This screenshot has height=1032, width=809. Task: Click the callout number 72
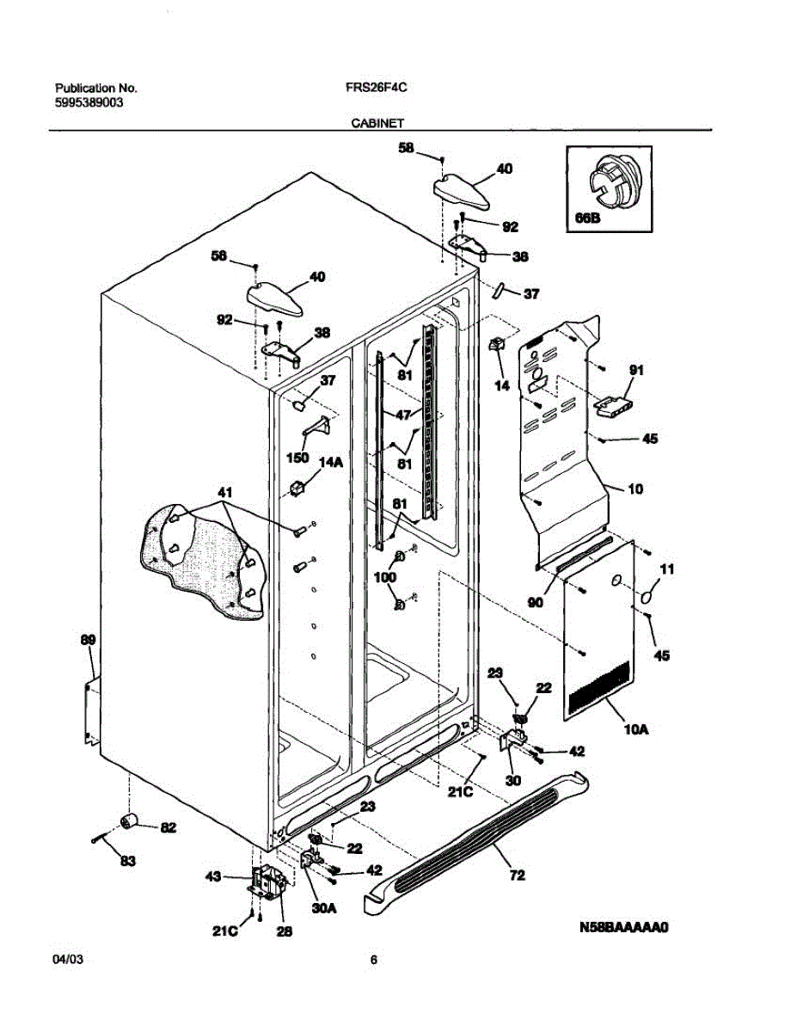coord(517,876)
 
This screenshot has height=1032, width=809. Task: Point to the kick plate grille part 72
coord(481,838)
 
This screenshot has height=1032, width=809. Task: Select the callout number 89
coord(88,640)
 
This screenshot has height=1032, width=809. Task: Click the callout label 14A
coord(331,462)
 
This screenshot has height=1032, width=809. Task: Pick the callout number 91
coord(636,371)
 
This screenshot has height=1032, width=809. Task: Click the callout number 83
coord(127,862)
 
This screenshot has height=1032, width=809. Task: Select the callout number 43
coord(213,876)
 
